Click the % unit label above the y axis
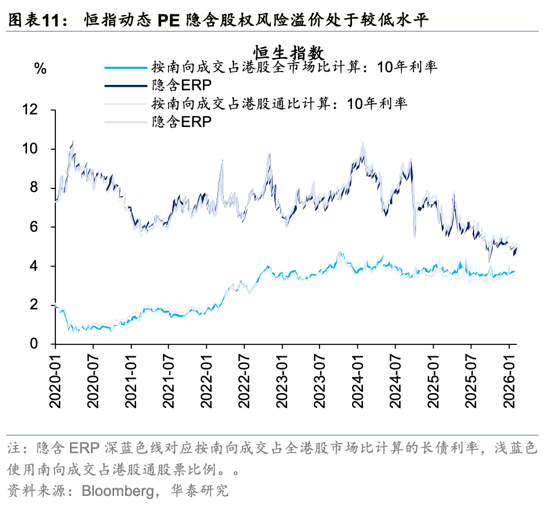[40, 69]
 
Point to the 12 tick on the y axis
[37, 110]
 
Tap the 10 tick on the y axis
[37, 149]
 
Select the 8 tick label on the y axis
[41, 188]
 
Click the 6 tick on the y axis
[41, 228]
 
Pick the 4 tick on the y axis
[41, 267]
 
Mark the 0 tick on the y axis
[41, 344]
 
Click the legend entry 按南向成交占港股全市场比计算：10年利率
[294, 67]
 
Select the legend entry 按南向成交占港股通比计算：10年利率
[280, 104]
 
